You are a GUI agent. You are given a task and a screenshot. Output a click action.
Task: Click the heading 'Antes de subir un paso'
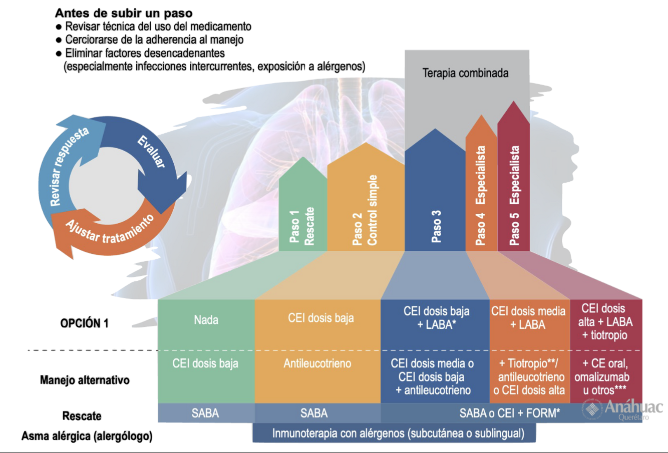[124, 13]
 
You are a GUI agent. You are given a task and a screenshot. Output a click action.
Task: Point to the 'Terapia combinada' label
[465, 73]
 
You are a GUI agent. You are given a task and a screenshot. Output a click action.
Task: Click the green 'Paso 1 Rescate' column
[302, 210]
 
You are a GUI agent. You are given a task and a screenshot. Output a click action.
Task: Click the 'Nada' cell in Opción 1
[206, 320]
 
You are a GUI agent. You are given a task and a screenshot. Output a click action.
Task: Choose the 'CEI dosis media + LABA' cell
[528, 318]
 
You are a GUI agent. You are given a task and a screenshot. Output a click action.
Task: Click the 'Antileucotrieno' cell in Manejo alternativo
[317, 364]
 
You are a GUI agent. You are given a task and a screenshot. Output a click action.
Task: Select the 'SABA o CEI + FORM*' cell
[509, 413]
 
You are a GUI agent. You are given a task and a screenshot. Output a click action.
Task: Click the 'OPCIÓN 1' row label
[84, 323]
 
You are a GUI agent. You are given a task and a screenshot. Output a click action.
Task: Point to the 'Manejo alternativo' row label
[85, 380]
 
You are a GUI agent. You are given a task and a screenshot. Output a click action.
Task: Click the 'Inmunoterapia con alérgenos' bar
[398, 433]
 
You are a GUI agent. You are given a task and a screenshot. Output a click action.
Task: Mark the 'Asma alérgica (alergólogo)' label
[87, 436]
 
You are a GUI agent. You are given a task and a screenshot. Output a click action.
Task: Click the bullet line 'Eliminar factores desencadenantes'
[145, 53]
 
